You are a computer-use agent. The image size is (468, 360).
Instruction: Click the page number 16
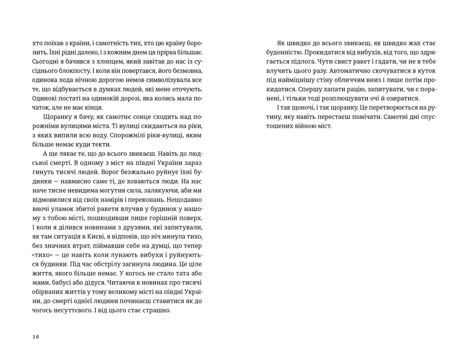click(x=36, y=337)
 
